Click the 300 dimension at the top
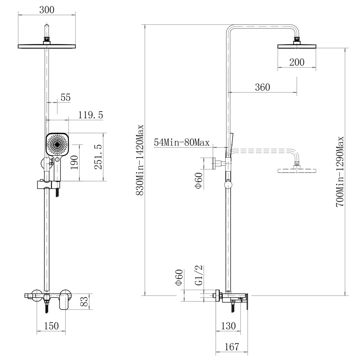[x=47, y=10]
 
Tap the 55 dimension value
[x=66, y=98]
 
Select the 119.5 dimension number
[x=91, y=115]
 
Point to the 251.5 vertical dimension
[x=98, y=157]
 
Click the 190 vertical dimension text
[x=74, y=163]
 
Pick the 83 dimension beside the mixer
[x=84, y=301]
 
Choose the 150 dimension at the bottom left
[x=51, y=326]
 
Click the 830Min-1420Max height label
[x=140, y=160]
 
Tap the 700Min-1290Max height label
[x=340, y=172]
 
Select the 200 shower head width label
[x=297, y=62]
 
